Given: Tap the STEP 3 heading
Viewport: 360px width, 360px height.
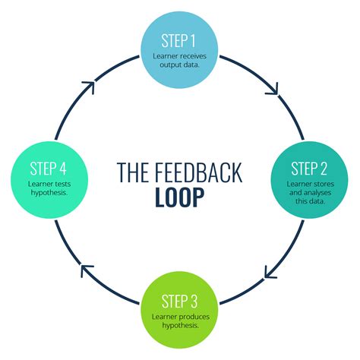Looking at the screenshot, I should point(180,299).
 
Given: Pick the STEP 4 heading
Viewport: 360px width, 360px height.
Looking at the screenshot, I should point(50,169).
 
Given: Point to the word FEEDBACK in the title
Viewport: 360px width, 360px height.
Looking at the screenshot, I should point(201,172).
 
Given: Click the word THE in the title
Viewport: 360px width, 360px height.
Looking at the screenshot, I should point(131,172).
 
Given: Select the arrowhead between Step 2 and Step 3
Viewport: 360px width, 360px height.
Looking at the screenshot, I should point(271,269).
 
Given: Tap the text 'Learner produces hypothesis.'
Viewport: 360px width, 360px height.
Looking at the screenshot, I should point(180,320).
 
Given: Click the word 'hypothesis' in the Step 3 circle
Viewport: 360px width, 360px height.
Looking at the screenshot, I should point(180,324).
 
